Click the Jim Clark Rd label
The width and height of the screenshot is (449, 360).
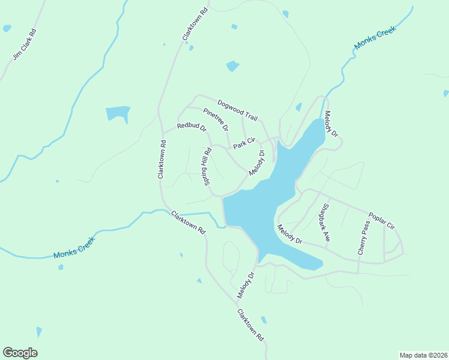[25, 44]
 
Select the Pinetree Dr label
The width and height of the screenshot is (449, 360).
[215, 119]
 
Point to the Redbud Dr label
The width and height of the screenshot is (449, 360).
[191, 127]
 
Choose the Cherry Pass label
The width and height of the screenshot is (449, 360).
[364, 238]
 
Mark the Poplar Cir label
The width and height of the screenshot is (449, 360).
[381, 221]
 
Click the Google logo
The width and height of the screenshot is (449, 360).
[20, 353]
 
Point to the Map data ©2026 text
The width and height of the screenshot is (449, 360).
[423, 355]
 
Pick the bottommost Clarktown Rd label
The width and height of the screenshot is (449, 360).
[250, 325]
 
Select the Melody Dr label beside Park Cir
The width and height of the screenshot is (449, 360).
[257, 163]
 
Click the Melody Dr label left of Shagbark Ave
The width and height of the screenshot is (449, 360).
[290, 234]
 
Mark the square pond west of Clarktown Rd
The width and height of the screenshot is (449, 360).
[118, 114]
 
